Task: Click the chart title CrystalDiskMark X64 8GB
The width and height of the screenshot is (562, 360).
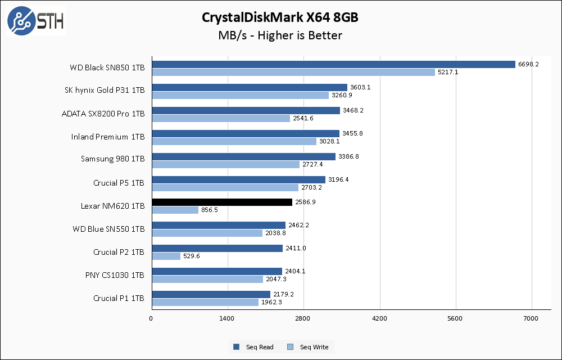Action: pyautogui.click(x=280, y=17)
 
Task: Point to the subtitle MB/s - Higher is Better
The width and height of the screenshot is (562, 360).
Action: pyautogui.click(x=280, y=35)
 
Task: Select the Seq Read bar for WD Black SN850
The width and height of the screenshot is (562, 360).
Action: pyautogui.click(x=333, y=64)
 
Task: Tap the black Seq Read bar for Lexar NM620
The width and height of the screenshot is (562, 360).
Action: pyautogui.click(x=222, y=202)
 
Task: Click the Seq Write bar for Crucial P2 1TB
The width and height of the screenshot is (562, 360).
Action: pyautogui.click(x=166, y=256)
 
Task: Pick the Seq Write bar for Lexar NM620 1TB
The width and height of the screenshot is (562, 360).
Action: pyautogui.click(x=175, y=210)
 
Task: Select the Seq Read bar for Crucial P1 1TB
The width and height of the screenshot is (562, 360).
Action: pyautogui.click(x=211, y=294)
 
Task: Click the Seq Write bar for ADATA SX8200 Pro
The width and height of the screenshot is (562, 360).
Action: pyautogui.click(x=221, y=118)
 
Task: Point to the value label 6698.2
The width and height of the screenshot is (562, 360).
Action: pyautogui.click(x=528, y=64)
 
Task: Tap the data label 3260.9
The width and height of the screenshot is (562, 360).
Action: pyautogui.click(x=342, y=95)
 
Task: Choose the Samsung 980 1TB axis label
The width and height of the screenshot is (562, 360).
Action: pyautogui.click(x=112, y=159)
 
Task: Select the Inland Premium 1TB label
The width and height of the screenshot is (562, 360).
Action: pyautogui.click(x=108, y=136)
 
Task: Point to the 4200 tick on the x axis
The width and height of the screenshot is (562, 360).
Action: pyautogui.click(x=379, y=319)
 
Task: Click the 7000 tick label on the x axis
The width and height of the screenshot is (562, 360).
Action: pyautogui.click(x=531, y=319)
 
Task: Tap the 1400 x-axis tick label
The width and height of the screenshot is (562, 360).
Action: pyautogui.click(x=227, y=319)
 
